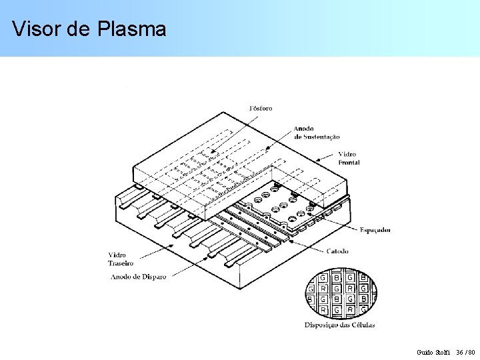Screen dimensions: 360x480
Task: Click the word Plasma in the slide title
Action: tap(131, 29)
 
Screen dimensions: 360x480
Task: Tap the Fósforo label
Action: tap(260, 108)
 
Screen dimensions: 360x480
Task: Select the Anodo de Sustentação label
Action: tap(317, 133)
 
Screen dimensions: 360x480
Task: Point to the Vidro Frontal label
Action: tap(348, 158)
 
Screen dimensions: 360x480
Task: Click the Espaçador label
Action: tap(375, 230)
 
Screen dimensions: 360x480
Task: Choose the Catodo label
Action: tap(337, 251)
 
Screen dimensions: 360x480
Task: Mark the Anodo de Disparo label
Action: tap(139, 276)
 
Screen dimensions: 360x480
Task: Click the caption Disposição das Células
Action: tap(339, 325)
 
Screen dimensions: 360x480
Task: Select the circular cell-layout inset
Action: tap(341, 293)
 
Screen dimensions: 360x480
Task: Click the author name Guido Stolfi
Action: tap(433, 351)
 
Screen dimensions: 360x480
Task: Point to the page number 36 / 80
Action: tap(466, 351)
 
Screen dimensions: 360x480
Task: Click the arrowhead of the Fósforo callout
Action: tap(212, 153)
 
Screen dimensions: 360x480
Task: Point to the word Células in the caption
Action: tap(362, 325)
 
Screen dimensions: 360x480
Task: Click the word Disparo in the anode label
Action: tap(153, 276)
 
